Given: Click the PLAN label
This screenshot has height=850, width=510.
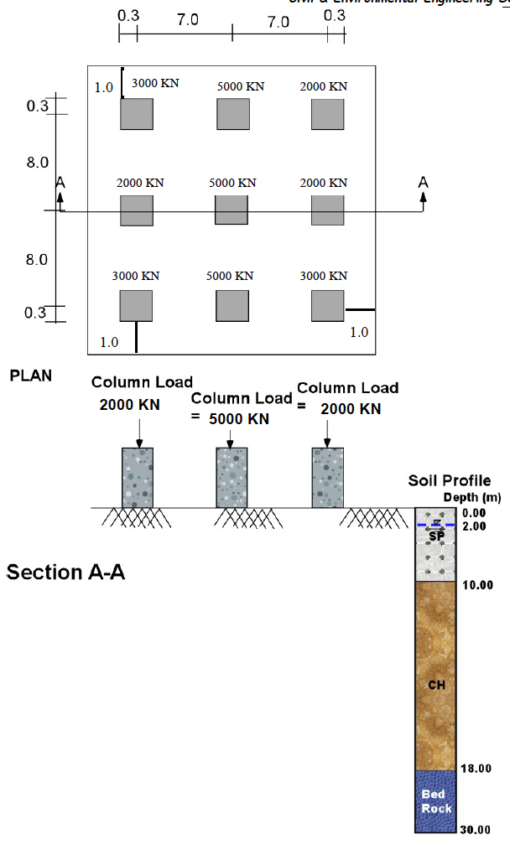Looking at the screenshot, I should pos(30,376).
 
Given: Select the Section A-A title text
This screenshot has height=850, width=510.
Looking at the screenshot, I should pos(65,573).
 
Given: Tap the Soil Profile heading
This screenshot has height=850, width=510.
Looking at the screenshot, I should pos(449,481).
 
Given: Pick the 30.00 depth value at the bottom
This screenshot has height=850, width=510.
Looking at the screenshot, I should pos(474,831).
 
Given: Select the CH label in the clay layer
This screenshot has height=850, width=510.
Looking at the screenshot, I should pos(436,685).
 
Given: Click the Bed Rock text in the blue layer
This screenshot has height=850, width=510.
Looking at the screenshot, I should pos(436,801).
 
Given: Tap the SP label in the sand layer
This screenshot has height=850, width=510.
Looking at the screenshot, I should pos(436,536).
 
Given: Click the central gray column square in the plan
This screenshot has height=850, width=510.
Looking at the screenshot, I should pos(232,210).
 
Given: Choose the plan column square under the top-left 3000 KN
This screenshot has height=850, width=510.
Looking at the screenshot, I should pos(137,113).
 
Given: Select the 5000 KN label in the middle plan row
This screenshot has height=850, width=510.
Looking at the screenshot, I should pos(232,183).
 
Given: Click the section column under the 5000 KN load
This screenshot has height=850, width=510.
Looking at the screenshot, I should pos(232,477).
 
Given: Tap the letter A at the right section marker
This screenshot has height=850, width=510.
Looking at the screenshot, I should pos(424,182).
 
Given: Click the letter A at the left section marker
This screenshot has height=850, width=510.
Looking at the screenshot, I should pos(60,182).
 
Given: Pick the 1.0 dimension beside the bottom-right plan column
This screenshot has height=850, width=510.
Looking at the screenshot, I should pos(358,332).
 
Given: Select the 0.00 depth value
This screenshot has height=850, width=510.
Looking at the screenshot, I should pos(474,513).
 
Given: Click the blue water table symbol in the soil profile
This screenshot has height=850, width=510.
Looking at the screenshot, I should pos(436,524).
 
